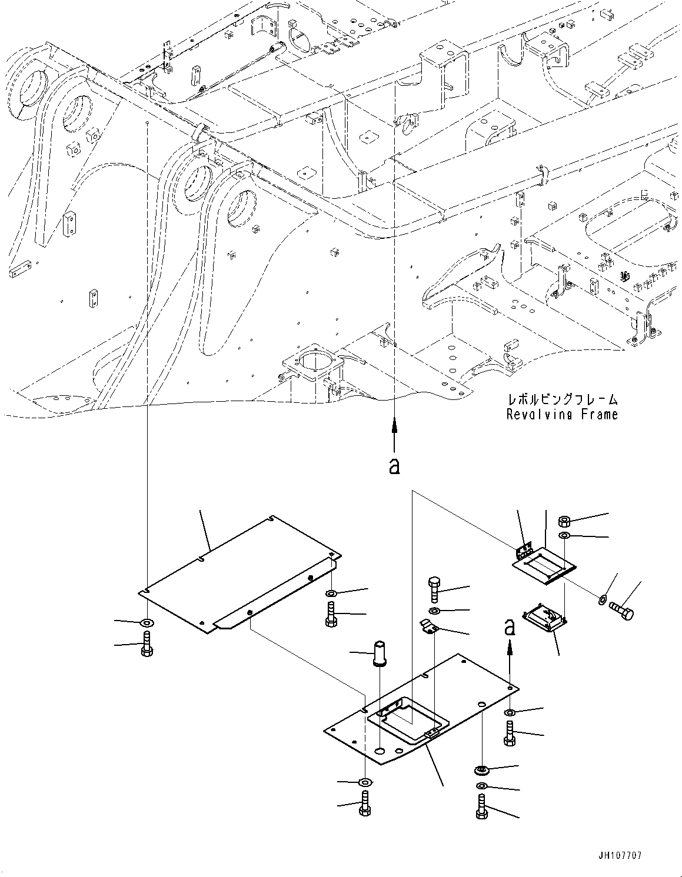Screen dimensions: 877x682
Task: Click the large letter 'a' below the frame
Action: click(x=394, y=466)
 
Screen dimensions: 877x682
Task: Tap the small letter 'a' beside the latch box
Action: click(x=510, y=628)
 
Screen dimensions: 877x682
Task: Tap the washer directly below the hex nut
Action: click(x=564, y=536)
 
